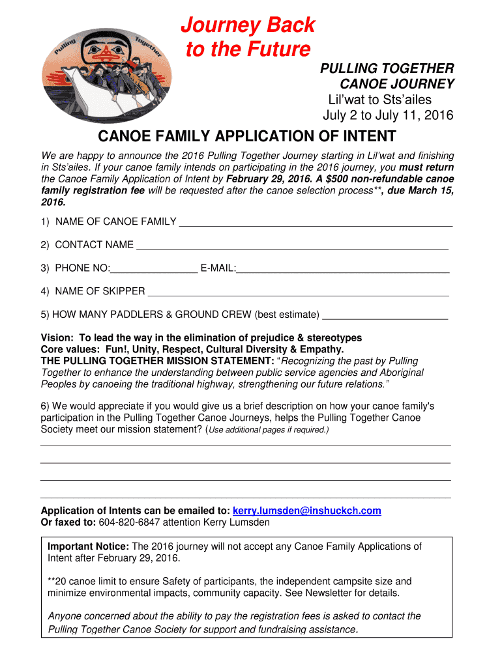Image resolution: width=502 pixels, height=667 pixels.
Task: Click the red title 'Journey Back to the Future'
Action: (248, 37)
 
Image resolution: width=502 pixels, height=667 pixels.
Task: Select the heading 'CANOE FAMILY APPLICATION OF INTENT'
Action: (246, 136)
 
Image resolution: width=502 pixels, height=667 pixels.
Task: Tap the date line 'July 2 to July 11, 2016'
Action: (389, 116)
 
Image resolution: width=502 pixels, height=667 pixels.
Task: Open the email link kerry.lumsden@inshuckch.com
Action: (306, 511)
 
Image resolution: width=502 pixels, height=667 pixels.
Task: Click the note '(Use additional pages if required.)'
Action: (267, 431)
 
